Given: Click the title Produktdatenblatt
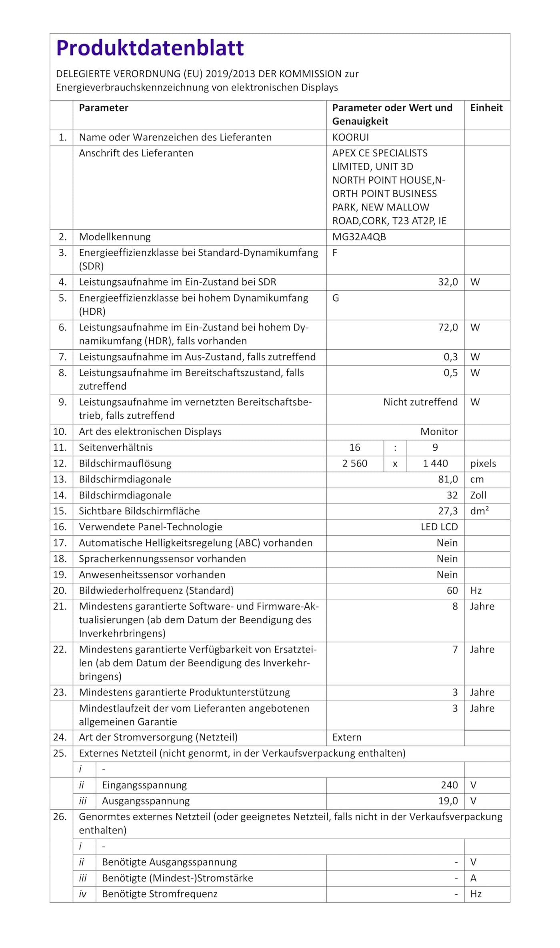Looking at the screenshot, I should click(x=150, y=48).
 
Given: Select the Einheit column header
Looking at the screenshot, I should click(x=486, y=108).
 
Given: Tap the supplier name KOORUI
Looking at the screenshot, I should click(x=350, y=137).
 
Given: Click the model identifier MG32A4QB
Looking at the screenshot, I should click(x=359, y=237).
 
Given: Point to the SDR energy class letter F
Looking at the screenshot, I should click(x=335, y=253).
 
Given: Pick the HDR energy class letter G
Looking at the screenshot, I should click(x=335, y=298).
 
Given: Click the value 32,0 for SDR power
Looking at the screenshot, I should click(x=448, y=282).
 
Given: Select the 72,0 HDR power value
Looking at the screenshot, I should click(x=448, y=327).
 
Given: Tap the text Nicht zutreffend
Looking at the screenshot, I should click(x=420, y=402).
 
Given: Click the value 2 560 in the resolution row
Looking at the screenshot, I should click(x=354, y=463).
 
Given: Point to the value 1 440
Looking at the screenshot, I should click(x=435, y=463).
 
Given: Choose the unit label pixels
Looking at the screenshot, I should click(x=483, y=463).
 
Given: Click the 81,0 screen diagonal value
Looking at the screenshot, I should click(x=448, y=479).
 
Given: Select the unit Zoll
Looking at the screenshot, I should click(x=478, y=495).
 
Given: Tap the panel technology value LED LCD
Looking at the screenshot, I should click(x=439, y=527).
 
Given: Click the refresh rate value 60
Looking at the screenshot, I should click(x=452, y=590).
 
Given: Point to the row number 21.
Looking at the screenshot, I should click(x=60, y=606).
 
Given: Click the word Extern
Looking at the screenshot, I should click(x=346, y=737).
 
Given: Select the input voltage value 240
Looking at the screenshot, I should click(x=449, y=785).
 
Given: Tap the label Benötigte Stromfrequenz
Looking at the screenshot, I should click(x=160, y=894).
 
